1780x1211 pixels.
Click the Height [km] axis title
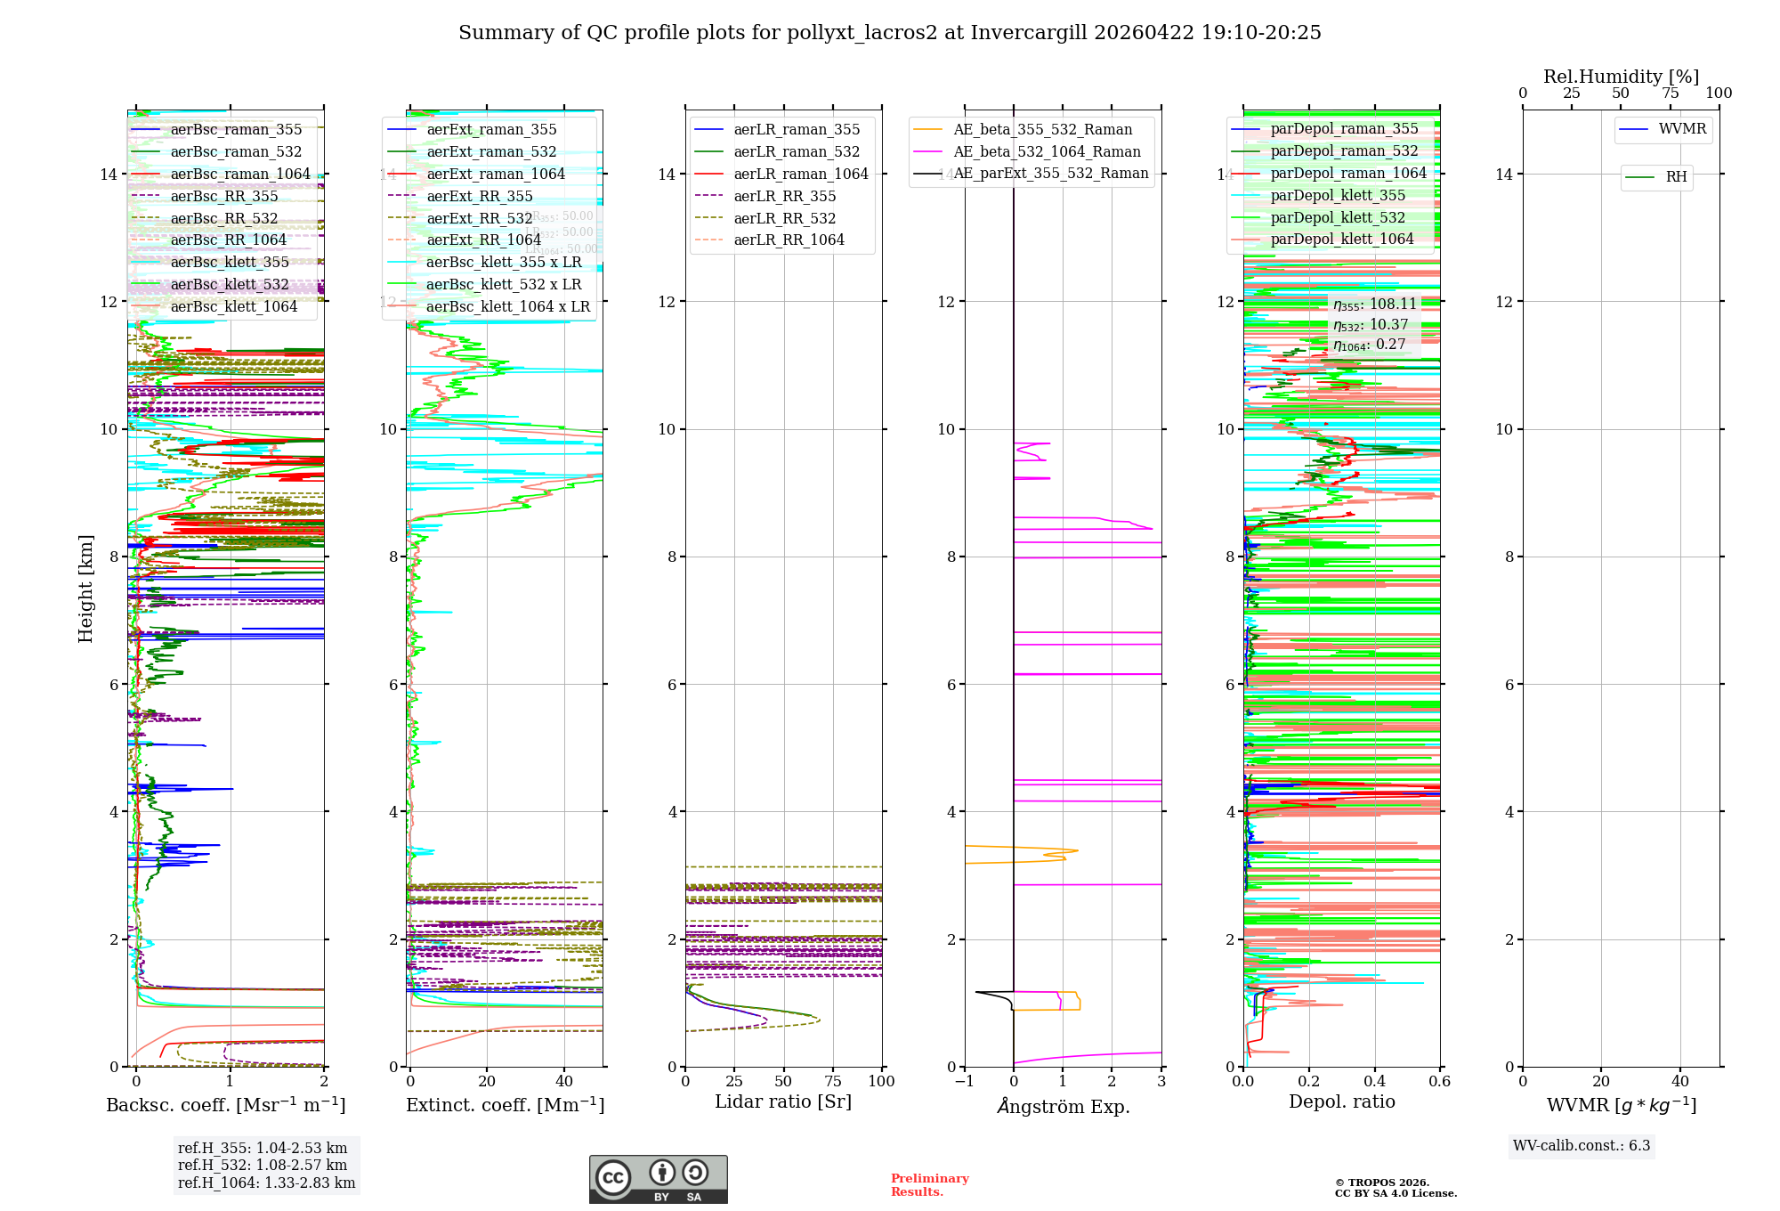coord(85,589)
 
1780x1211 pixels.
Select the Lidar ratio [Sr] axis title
coord(783,1102)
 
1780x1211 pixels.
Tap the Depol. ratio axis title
coord(1342,1102)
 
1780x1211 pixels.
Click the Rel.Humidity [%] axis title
coord(1621,77)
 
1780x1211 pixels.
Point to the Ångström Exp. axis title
coord(1064,1107)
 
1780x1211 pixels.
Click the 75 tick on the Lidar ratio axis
coord(833,1082)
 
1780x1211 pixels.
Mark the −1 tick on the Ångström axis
coord(964,1082)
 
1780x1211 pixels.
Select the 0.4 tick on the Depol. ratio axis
coord(1375,1082)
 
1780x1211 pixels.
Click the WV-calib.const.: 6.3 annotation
coord(1582,1146)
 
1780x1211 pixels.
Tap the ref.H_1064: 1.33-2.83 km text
coord(266,1183)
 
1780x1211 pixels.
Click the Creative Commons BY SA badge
coord(659,1180)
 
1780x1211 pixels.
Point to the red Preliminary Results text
coord(929,1185)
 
